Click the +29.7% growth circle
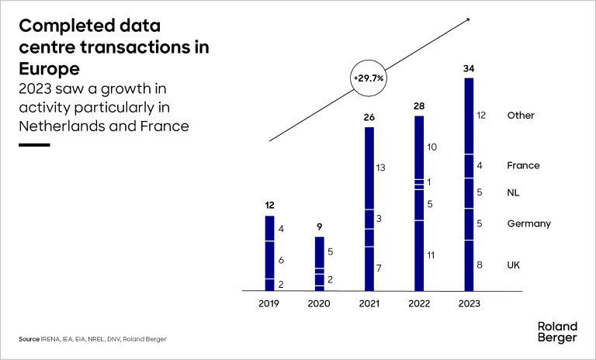(x=369, y=78)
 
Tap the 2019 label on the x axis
(x=269, y=303)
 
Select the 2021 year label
(x=369, y=303)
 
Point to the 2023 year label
(x=469, y=303)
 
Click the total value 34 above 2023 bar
(x=469, y=68)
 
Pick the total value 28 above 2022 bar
(x=419, y=106)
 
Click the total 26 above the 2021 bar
(x=369, y=117)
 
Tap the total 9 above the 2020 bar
(x=319, y=227)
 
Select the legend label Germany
(x=528, y=223)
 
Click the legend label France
(x=523, y=165)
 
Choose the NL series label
(x=514, y=192)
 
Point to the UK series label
(x=514, y=265)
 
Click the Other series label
(x=521, y=116)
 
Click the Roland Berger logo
(x=557, y=331)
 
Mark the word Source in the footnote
(x=29, y=339)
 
